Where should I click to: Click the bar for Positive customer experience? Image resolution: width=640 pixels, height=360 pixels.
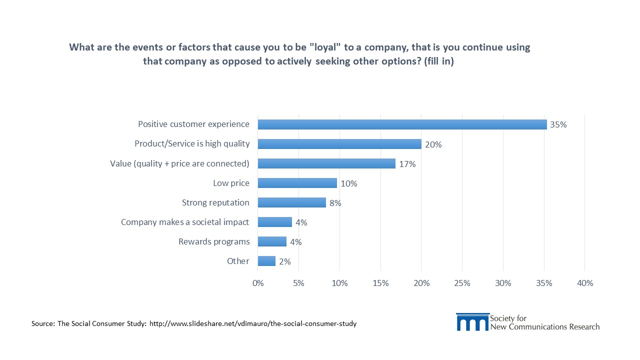(402, 124)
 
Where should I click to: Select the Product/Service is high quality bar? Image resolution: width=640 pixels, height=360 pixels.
(339, 144)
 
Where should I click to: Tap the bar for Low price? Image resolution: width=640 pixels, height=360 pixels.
(297, 183)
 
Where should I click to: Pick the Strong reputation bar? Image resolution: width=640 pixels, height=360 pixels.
(291, 202)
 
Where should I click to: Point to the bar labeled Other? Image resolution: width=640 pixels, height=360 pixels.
(266, 261)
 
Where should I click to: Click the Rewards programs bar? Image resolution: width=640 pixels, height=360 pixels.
(272, 241)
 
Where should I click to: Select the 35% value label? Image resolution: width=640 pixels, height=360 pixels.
(558, 125)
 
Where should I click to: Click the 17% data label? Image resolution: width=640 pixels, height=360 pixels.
(407, 164)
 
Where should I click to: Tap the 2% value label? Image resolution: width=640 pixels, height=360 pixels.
(285, 261)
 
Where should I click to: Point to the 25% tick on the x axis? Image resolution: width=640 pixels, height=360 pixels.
(462, 283)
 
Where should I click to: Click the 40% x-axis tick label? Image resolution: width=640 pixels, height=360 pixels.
(584, 283)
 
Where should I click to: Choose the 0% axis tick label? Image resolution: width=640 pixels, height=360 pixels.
(258, 283)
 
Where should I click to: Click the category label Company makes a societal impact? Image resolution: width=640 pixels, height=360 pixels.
(185, 222)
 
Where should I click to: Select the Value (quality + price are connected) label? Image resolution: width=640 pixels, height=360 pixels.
(179, 163)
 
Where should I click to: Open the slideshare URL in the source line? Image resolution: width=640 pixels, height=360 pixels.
(253, 323)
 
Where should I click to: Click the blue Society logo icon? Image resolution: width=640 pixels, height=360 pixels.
(472, 322)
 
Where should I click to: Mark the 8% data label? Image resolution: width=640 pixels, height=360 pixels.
(335, 203)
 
